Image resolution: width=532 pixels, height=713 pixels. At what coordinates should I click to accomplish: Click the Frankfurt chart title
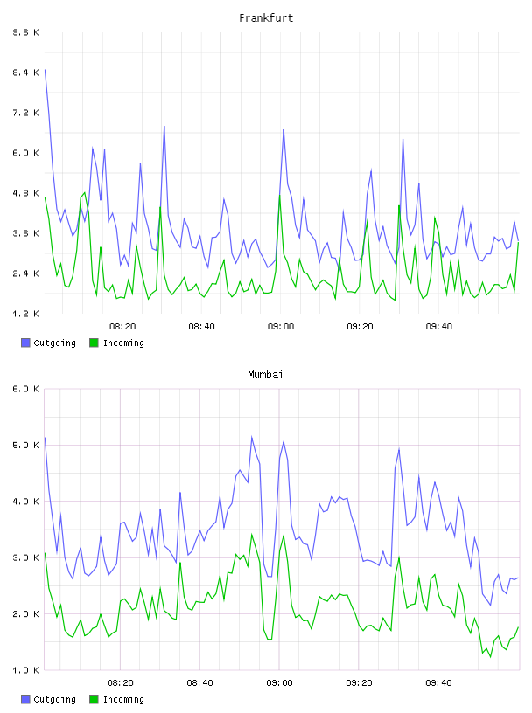[x=266, y=18]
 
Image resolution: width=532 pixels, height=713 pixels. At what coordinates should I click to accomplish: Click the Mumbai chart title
[x=265, y=375]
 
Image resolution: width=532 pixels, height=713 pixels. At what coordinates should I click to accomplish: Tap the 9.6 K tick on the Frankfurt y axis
[x=26, y=32]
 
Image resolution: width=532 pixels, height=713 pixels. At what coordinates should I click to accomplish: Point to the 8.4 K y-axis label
[x=26, y=73]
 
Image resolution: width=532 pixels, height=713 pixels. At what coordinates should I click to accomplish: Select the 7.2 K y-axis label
[x=26, y=113]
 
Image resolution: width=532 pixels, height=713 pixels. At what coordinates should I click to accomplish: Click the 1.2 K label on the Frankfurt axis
[x=26, y=314]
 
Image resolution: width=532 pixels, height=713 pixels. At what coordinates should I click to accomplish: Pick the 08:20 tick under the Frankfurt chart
[x=122, y=327]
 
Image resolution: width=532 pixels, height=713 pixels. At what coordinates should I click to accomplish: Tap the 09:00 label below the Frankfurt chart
[x=281, y=327]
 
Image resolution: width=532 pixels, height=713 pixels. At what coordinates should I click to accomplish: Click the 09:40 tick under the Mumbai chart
[x=438, y=683]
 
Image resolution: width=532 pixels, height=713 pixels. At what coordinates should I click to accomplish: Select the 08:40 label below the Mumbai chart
[x=200, y=683]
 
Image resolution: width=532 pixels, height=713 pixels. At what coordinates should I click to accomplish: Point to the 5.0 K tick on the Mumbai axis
[x=26, y=445]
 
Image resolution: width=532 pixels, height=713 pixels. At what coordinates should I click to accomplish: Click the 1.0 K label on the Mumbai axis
[x=26, y=670]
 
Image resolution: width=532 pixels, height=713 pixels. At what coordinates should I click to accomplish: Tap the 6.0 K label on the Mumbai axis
[x=26, y=389]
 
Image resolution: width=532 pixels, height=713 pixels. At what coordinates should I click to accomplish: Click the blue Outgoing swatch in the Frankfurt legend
[x=25, y=343]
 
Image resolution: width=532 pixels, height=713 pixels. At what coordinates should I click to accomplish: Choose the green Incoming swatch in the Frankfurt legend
[x=94, y=343]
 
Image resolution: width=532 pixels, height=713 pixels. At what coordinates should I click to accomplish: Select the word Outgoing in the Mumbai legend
[x=54, y=699]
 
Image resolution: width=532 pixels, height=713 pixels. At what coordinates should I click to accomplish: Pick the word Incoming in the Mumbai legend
[x=123, y=699]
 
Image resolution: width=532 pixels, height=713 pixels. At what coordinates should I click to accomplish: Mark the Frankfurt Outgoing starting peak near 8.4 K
[x=45, y=70]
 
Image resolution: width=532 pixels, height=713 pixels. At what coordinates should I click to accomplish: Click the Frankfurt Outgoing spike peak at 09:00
[x=283, y=129]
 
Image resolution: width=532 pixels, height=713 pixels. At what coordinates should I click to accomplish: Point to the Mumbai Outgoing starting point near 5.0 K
[x=45, y=438]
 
